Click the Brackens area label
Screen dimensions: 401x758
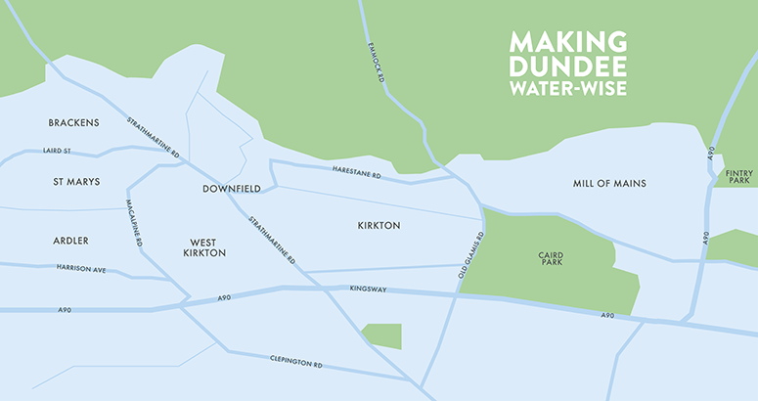tap(74, 122)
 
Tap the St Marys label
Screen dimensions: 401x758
tap(76, 182)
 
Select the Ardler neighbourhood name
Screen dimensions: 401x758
tap(70, 241)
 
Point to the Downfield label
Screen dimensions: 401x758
tap(229, 188)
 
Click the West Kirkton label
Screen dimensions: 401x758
tap(204, 246)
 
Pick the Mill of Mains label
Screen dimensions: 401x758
tap(609, 184)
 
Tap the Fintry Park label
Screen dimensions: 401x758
tap(739, 177)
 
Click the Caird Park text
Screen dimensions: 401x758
tap(551, 259)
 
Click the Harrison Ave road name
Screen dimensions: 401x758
tap(79, 267)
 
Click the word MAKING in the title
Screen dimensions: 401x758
tap(567, 43)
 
